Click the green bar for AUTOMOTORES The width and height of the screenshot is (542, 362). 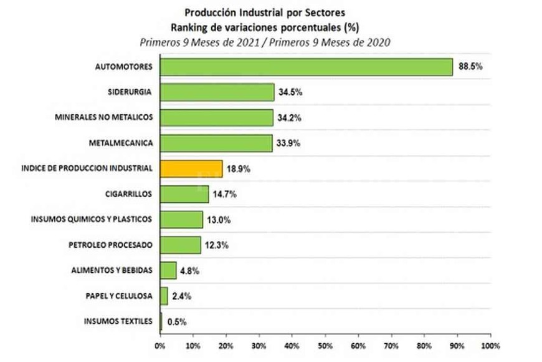pos(306,67)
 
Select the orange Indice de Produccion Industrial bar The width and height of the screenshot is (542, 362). pos(191,169)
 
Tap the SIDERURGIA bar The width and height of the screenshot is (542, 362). pos(217,92)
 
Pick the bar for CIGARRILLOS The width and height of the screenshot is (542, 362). pos(184,194)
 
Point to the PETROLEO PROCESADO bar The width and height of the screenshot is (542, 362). pos(181,245)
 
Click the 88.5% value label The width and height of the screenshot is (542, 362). pos(471,66)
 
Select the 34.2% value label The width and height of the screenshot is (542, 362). pos(290,118)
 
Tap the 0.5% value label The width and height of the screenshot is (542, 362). pos(177,322)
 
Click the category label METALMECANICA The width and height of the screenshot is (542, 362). pos(121,144)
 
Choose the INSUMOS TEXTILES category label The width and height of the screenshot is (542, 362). pos(118,321)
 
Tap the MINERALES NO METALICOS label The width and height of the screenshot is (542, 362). pos(103,117)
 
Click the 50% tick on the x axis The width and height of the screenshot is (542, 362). pos(325,345)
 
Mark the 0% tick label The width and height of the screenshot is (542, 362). pos(160,345)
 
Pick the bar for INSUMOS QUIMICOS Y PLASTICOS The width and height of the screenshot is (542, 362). pos(181,220)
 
